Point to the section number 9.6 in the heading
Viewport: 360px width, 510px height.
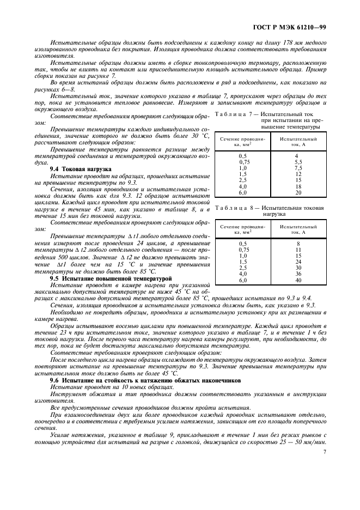[x=54, y=380]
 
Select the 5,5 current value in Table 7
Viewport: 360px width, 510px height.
[x=298, y=162]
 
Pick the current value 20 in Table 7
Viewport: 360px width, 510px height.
[x=298, y=192]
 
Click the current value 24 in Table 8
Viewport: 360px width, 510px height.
[x=298, y=262]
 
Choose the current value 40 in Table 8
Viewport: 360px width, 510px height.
[x=298, y=280]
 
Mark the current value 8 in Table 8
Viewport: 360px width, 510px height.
[x=298, y=244]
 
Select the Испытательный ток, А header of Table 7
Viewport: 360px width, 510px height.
[x=298, y=142]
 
